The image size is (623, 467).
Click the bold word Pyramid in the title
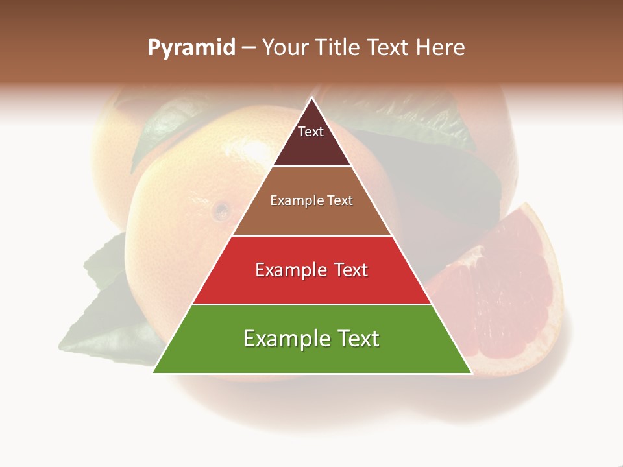point(191,48)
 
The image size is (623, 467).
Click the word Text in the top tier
point(311,132)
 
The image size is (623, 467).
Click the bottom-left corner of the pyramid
point(154,372)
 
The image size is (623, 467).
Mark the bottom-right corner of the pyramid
point(470,372)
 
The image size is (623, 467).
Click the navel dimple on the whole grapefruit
point(221,210)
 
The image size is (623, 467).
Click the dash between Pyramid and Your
point(248,48)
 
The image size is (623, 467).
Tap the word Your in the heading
point(281,48)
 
